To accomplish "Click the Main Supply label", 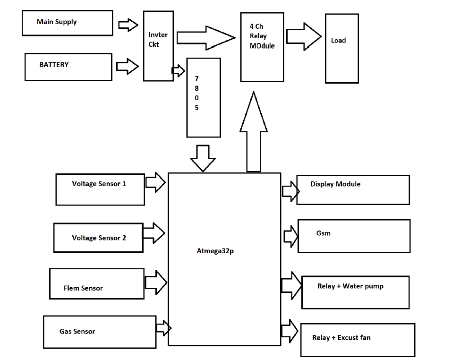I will pos(57,22).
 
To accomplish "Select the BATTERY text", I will pos(54,65).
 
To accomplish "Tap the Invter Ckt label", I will pos(158,40).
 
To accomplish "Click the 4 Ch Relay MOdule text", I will pos(262,36).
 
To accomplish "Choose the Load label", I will pos(338,41).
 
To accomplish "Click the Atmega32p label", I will pos(215,251).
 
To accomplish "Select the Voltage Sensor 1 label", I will pos(99,184).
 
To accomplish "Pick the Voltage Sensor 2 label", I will pos(99,238).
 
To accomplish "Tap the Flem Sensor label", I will pos(83,288).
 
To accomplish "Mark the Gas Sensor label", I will pos(77,332).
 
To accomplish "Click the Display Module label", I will pos(335,184).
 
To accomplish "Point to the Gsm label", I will pos(324,233).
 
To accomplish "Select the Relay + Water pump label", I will pos(350,286).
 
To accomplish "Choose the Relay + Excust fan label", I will pos(341,338).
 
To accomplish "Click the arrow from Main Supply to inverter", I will pos(128,25).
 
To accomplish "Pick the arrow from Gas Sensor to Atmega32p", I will pos(163,327).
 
